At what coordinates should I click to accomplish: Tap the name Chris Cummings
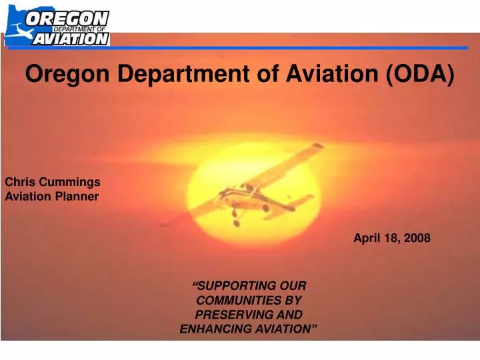(x=53, y=181)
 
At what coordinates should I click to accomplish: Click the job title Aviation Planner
(x=52, y=196)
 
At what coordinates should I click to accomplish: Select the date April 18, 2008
(x=391, y=238)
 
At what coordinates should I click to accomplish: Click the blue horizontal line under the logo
(x=287, y=48)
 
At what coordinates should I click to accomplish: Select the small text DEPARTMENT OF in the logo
(x=79, y=29)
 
